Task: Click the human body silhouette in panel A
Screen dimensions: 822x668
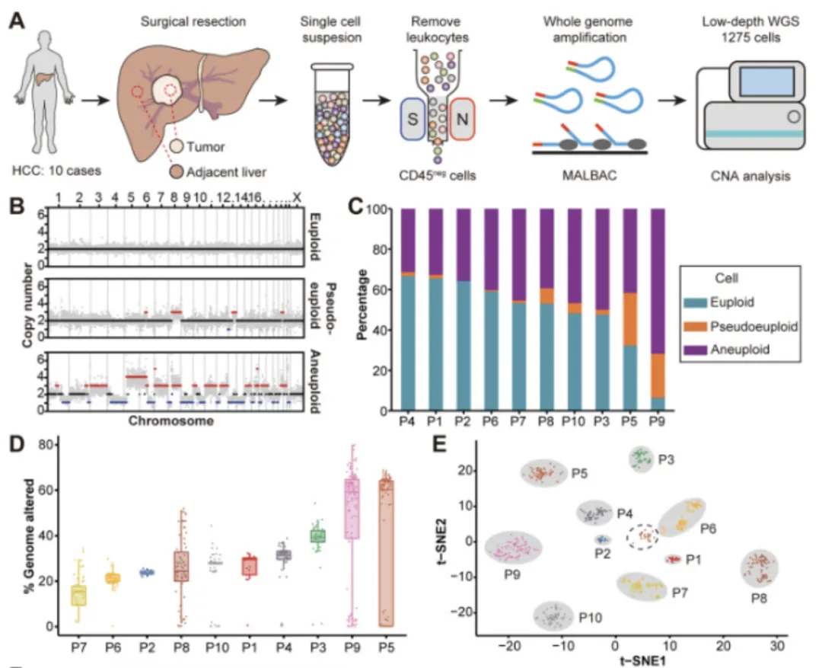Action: pos(45,92)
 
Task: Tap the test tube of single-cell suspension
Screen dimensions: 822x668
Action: pos(332,114)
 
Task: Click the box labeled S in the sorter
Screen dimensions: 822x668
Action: pos(413,119)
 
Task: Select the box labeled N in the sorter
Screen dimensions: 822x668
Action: pos(463,119)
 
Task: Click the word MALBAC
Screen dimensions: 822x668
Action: pos(589,175)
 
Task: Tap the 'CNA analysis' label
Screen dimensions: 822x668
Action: pos(750,176)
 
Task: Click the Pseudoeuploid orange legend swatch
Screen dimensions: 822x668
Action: pos(695,327)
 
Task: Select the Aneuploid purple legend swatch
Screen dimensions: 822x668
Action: pos(695,350)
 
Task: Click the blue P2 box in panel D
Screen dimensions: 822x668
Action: pos(148,573)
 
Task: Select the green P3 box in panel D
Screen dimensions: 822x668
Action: pos(317,535)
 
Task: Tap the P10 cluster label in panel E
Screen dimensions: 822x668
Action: pos(590,618)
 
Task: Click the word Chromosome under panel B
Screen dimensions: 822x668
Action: pos(171,421)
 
